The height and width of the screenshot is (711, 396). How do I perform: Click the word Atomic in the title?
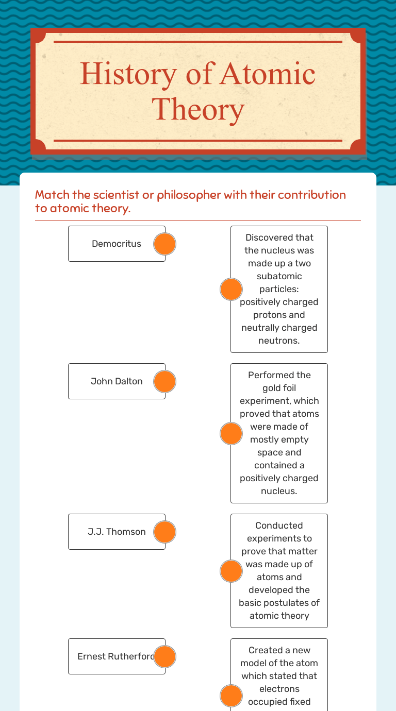pyautogui.click(x=268, y=74)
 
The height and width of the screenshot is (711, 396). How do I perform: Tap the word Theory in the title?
pyautogui.click(x=198, y=110)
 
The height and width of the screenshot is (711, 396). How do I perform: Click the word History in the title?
pyautogui.click(x=128, y=75)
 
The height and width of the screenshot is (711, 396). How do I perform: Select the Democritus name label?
pyautogui.click(x=117, y=244)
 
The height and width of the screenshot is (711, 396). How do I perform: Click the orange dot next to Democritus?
pyautogui.click(x=164, y=244)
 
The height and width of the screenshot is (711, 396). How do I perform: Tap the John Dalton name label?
pyautogui.click(x=117, y=381)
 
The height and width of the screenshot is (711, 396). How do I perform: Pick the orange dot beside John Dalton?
pyautogui.click(x=164, y=381)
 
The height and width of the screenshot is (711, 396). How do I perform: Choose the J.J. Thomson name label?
pyautogui.click(x=117, y=532)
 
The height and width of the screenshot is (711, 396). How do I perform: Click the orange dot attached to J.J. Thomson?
pyautogui.click(x=164, y=532)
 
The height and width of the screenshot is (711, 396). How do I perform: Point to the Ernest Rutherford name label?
pyautogui.click(x=117, y=656)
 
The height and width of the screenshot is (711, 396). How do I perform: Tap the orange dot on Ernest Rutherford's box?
pyautogui.click(x=164, y=656)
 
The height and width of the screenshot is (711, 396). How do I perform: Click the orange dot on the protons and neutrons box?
pyautogui.click(x=231, y=289)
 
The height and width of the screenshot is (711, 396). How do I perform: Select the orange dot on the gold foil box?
pyautogui.click(x=231, y=433)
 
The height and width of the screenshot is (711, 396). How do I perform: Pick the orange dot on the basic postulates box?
pyautogui.click(x=231, y=571)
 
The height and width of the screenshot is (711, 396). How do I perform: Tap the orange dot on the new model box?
pyautogui.click(x=231, y=696)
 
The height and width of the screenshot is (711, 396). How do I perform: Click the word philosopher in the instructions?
pyautogui.click(x=189, y=195)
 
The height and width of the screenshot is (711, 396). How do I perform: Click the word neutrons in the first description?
pyautogui.click(x=279, y=341)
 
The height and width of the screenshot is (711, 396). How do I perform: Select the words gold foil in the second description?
pyautogui.click(x=279, y=388)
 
